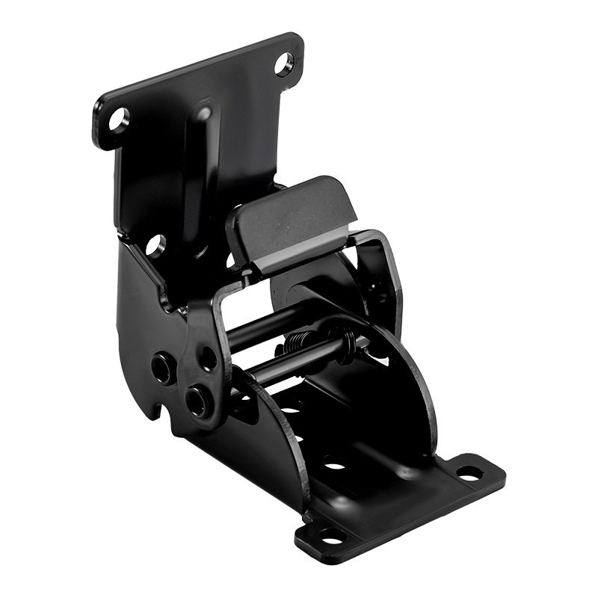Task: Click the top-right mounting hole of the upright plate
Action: pyautogui.click(x=284, y=64)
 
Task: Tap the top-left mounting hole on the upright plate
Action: pyautogui.click(x=119, y=119)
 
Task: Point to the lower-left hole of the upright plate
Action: pyautogui.click(x=155, y=244)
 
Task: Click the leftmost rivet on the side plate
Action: pyautogui.click(x=161, y=367)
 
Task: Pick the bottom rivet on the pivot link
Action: pyautogui.click(x=197, y=402)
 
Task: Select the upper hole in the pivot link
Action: pyautogui.click(x=209, y=357)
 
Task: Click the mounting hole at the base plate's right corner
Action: pyautogui.click(x=469, y=472)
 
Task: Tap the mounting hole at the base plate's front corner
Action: pyautogui.click(x=330, y=535)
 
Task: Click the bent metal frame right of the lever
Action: pyautogui.click(x=385, y=262)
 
